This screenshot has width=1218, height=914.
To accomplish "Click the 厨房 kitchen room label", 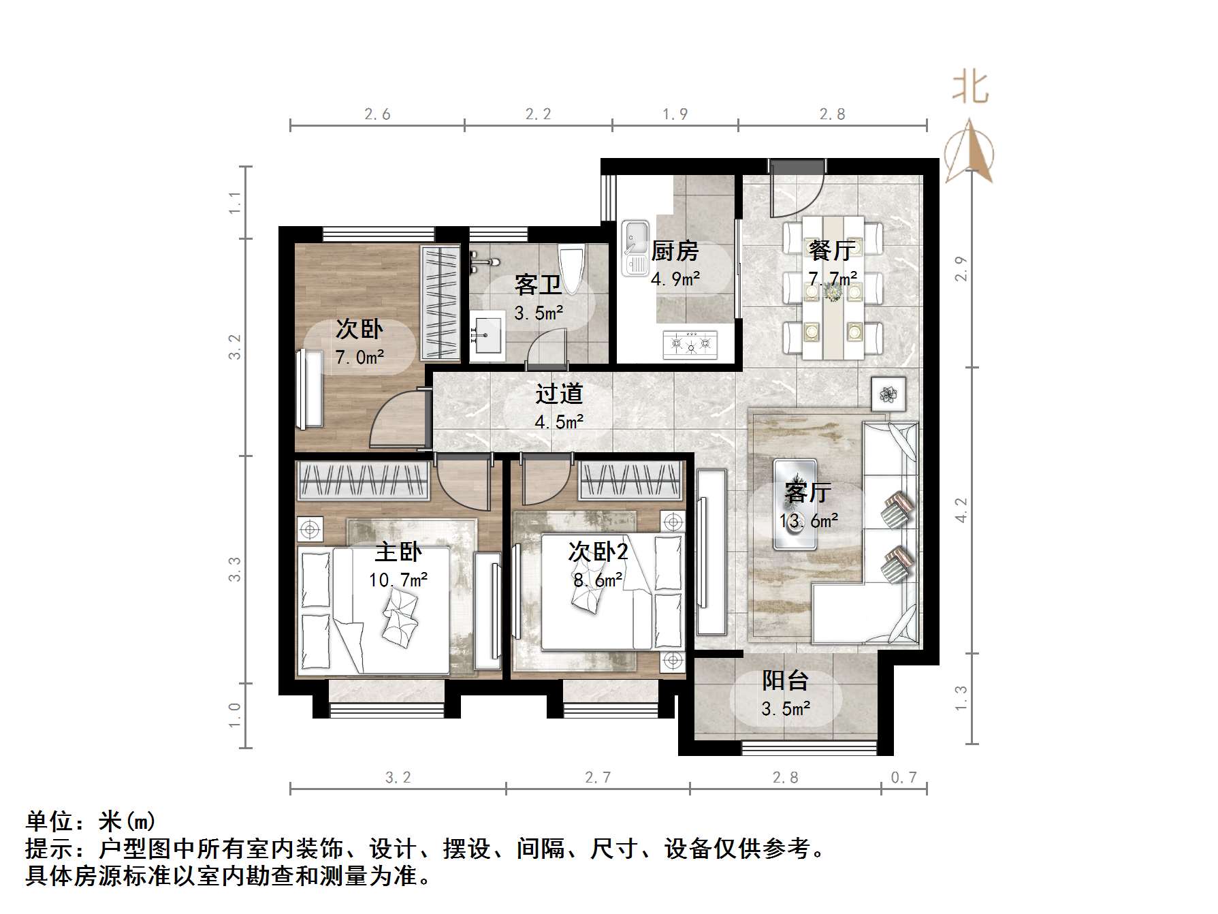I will pyautogui.click(x=675, y=251).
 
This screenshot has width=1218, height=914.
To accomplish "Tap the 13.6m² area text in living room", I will pyautogui.click(x=808, y=521).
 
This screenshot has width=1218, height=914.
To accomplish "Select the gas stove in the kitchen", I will pyautogui.click(x=690, y=343).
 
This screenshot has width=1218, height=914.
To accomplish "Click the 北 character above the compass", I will pyautogui.click(x=970, y=88).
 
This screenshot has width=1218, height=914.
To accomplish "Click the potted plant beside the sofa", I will pyautogui.click(x=888, y=394).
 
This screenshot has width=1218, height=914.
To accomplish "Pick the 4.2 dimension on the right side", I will pyautogui.click(x=961, y=509).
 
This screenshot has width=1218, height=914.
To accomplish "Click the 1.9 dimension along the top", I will pyautogui.click(x=675, y=114).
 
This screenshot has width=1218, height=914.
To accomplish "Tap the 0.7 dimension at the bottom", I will pyautogui.click(x=903, y=777).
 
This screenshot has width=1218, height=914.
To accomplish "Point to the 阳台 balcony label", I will pyautogui.click(x=785, y=680).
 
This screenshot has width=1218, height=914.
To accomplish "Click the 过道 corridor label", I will pyautogui.click(x=559, y=394).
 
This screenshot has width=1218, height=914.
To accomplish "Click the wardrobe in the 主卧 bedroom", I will pyautogui.click(x=363, y=481).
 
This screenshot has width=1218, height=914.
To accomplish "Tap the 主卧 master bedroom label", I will pyautogui.click(x=398, y=552).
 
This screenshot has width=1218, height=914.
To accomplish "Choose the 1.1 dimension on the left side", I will pyautogui.click(x=235, y=202).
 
